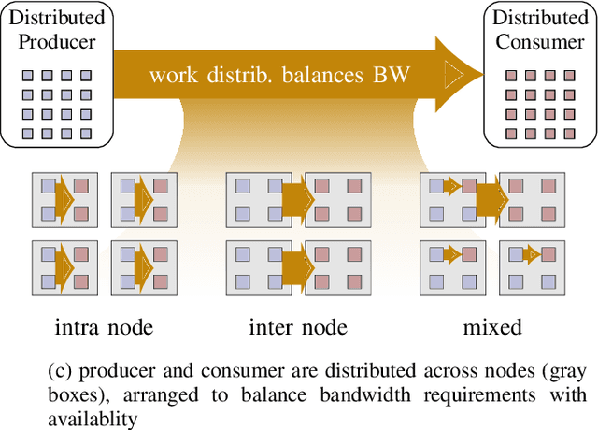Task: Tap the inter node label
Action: click(x=298, y=327)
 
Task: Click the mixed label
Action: click(x=492, y=327)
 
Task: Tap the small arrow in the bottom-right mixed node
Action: click(x=531, y=252)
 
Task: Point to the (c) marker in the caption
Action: click(x=58, y=370)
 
